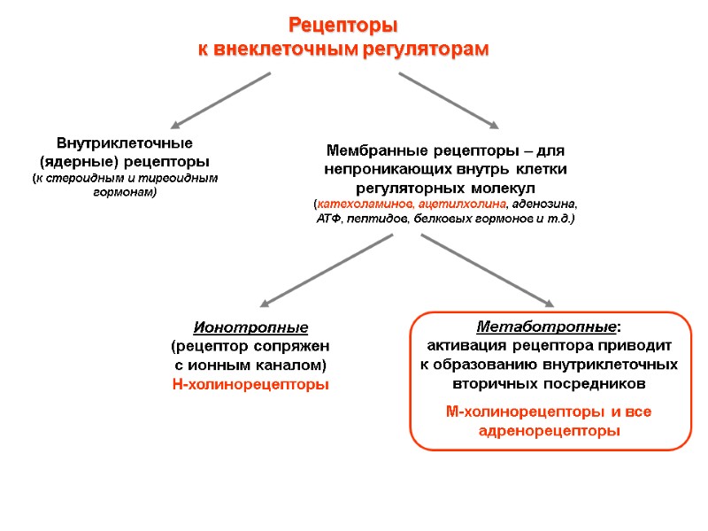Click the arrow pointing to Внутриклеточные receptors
point(220,101)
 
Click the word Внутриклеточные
point(125,143)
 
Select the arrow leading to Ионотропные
point(327,270)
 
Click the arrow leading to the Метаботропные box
point(487,270)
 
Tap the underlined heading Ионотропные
point(250,328)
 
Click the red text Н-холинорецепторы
point(250,384)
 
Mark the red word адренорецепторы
point(550,431)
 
